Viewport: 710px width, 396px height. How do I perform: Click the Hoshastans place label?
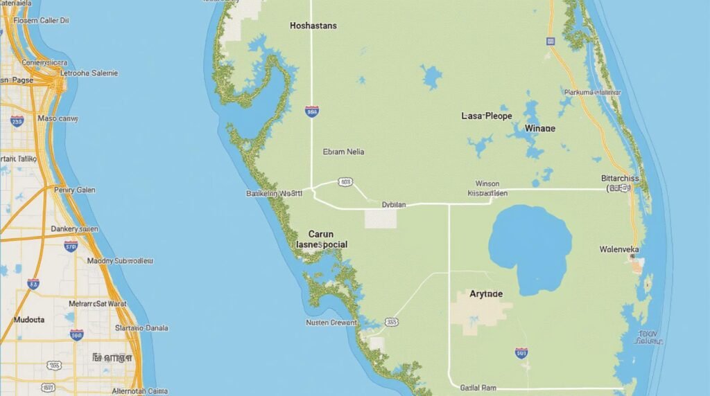point(313,26)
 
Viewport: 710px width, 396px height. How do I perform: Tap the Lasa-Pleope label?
point(486,116)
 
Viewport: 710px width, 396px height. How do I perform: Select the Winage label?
point(540,128)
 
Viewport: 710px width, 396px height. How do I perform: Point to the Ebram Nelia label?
point(343,152)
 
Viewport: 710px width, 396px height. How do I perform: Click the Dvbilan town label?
point(394,205)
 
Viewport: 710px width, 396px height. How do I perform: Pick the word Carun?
point(320,234)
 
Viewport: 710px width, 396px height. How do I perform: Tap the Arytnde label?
point(486,294)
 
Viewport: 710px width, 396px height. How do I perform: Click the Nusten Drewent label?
point(331,323)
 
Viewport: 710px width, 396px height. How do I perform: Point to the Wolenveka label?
point(619,249)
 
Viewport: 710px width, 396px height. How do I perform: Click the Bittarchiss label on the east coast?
point(621,179)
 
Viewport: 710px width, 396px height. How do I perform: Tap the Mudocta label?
point(29,321)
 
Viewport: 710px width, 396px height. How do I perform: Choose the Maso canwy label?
point(58,118)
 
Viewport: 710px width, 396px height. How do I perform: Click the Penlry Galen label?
point(74,190)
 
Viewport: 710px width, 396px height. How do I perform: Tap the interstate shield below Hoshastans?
point(312,111)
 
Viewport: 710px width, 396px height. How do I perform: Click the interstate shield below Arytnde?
point(521,353)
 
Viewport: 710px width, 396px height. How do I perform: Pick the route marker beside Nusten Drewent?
point(392,322)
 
